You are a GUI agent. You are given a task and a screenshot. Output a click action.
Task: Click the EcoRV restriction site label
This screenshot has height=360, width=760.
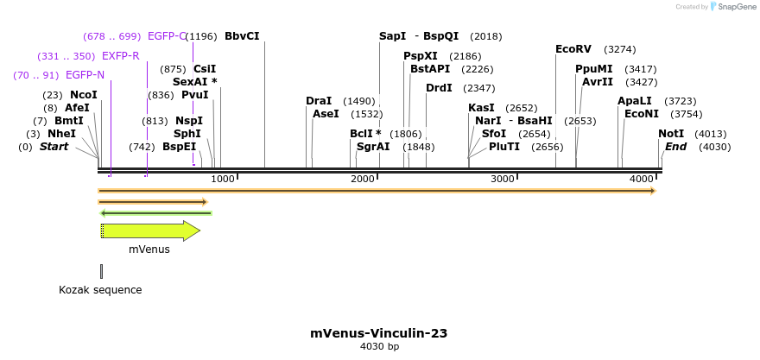coord(573,49)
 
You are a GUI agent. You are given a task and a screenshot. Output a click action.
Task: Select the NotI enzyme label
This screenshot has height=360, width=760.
coord(671,134)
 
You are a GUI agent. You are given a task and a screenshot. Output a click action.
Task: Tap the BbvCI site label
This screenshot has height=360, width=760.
coord(242,36)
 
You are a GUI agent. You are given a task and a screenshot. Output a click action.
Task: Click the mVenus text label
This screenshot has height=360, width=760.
coord(149,249)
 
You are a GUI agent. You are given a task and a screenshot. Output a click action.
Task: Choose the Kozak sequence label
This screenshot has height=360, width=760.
coord(100,290)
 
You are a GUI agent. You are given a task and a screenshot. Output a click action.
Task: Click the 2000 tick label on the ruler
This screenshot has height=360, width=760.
coord(362,179)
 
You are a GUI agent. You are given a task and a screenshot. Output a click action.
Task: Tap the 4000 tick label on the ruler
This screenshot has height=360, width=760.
coord(642,179)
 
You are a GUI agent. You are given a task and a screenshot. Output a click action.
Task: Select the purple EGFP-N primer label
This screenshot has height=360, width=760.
coord(85,75)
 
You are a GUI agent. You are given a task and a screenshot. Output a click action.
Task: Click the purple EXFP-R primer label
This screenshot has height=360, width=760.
coord(121,56)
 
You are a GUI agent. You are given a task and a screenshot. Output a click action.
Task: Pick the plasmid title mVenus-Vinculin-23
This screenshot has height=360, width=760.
coord(379,333)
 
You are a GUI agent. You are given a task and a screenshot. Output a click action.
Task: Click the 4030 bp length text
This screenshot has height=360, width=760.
coord(379,347)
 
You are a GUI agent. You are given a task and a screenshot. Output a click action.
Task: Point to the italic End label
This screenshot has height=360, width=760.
coord(675,147)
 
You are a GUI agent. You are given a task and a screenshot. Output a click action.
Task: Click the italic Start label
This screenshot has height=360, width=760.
coord(54,147)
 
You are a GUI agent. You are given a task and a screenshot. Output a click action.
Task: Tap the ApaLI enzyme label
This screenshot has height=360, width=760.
coord(635,101)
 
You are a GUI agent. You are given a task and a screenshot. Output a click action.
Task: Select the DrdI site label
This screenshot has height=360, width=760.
coord(439,88)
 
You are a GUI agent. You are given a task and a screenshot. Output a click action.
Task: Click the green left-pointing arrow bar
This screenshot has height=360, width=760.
coord(155,212)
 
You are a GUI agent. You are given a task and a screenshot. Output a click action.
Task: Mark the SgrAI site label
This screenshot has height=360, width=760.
coord(373,147)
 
